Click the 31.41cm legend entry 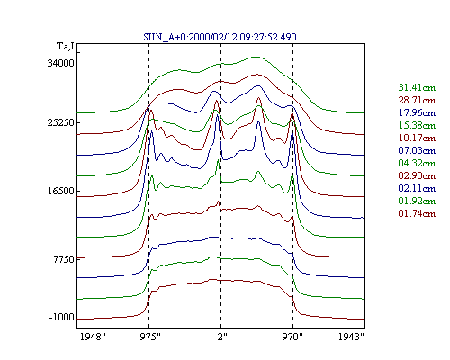click(417, 87)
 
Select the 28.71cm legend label click(417, 100)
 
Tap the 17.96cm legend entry click(417, 112)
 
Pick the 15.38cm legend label click(417, 125)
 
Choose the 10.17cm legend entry click(417, 138)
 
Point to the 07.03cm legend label click(417, 150)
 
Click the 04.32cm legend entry click(417, 163)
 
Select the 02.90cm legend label click(417, 175)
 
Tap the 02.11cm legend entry click(417, 188)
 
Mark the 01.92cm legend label click(417, 201)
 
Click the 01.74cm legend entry click(417, 213)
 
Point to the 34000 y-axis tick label click(60, 63)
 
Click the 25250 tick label click(60, 122)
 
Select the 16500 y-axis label click(60, 191)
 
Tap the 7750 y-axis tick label click(63, 259)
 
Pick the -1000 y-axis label click(61, 317)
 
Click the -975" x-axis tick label click(148, 337)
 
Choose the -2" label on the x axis click(220, 337)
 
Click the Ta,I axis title click(66, 47)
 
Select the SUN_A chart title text click(220, 37)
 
